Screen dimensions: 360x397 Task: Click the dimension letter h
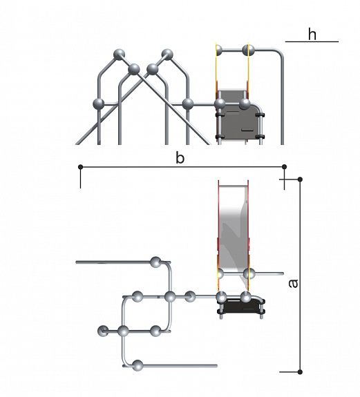[x=312, y=35]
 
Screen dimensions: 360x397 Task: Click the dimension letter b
[x=180, y=158]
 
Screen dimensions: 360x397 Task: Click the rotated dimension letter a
[x=294, y=284]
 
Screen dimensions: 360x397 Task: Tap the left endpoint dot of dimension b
[x=81, y=167]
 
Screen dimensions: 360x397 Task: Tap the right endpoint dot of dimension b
[x=284, y=166]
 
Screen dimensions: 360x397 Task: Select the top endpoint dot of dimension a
[x=300, y=180]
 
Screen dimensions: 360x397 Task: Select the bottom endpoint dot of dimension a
[x=300, y=372]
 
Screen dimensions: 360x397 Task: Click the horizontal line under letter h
[x=312, y=41]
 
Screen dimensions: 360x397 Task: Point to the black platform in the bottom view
[x=240, y=307]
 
